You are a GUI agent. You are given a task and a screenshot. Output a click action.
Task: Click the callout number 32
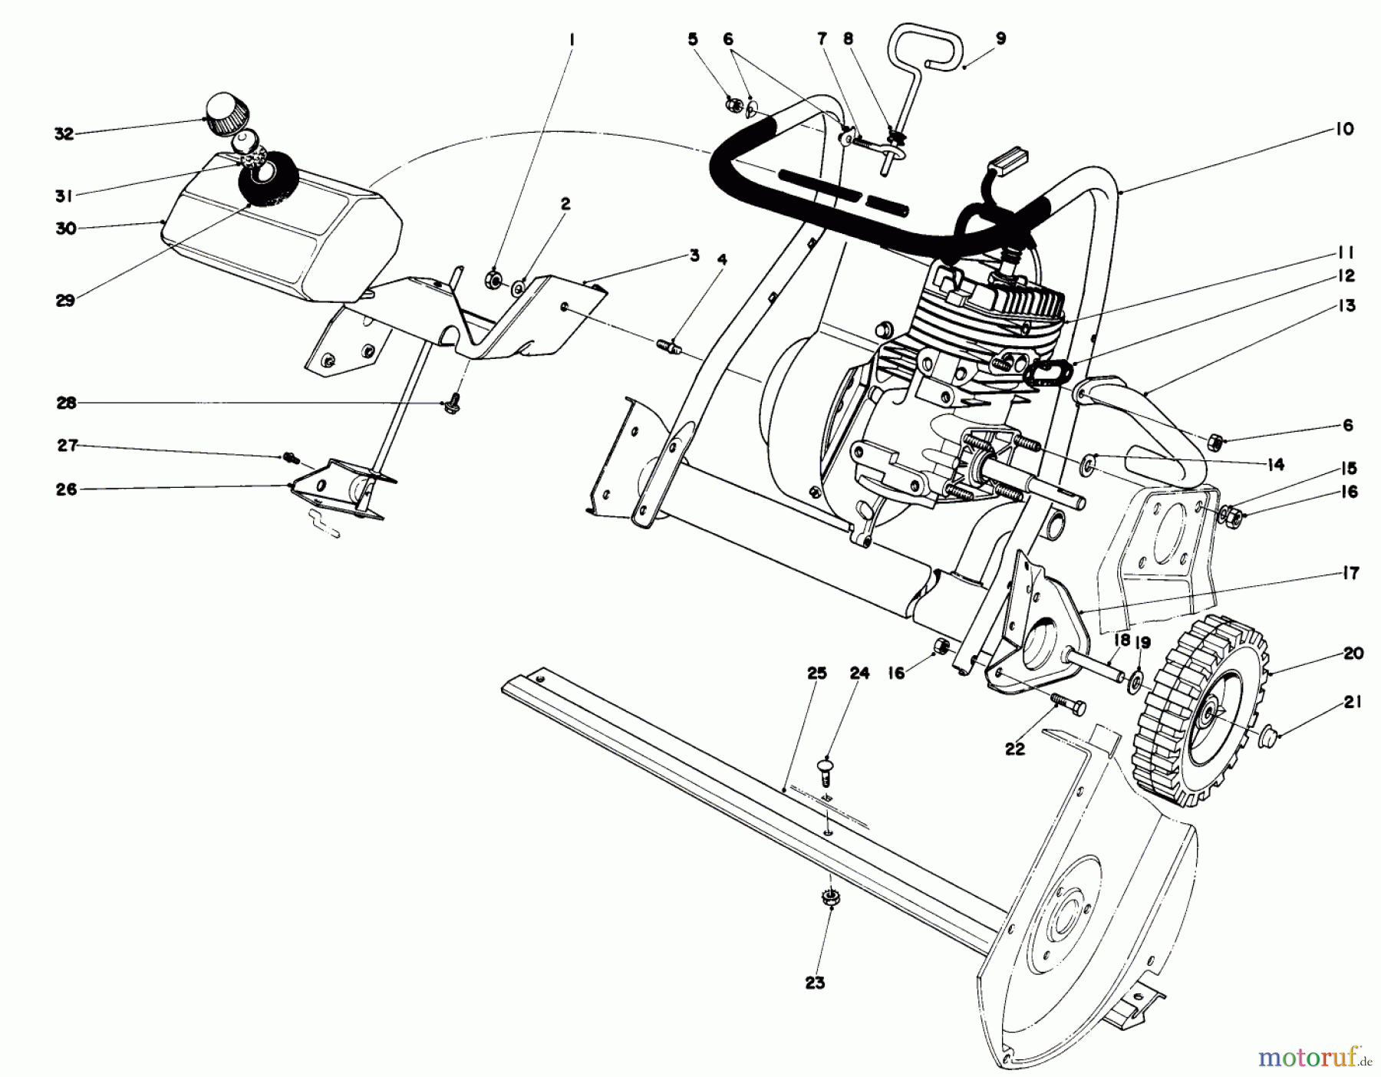pyautogui.click(x=64, y=133)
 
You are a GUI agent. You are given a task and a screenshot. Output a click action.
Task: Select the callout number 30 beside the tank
pyautogui.click(x=66, y=228)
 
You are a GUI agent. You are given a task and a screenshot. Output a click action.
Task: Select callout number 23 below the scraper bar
pyautogui.click(x=815, y=982)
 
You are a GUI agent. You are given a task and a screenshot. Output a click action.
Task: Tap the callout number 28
pyautogui.click(x=67, y=402)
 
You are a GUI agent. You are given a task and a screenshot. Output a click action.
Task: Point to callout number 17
pyautogui.click(x=1350, y=573)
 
